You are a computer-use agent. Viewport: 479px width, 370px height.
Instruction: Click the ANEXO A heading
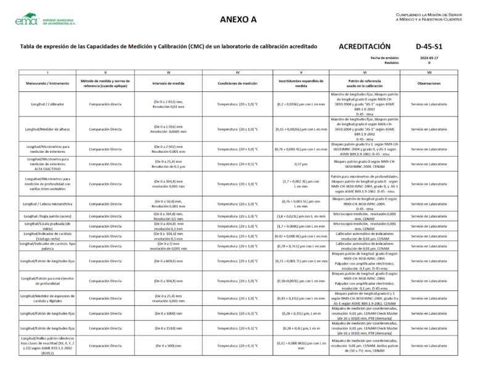point(238,19)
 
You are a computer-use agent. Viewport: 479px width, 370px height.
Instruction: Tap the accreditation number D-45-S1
point(429,46)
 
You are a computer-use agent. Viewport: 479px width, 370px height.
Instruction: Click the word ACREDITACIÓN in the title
point(365,46)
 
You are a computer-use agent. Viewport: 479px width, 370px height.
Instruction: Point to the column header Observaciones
point(428,83)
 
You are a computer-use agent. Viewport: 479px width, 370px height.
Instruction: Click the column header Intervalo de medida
point(169,83)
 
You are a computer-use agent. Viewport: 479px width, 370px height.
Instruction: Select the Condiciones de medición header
point(238,83)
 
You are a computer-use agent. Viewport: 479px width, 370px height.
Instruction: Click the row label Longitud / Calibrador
point(47,104)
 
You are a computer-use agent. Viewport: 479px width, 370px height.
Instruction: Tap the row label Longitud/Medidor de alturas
point(47,129)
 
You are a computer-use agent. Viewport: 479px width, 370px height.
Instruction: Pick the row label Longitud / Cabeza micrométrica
point(47,203)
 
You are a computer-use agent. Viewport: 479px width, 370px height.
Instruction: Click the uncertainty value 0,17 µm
point(301,164)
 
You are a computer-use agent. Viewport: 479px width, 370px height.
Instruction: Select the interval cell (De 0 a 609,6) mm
point(169,261)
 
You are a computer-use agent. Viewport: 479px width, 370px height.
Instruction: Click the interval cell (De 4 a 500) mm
point(169,345)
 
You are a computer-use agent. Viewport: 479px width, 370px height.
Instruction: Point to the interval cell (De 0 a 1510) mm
point(169,328)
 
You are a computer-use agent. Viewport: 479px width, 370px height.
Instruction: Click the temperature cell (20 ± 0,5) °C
point(238,164)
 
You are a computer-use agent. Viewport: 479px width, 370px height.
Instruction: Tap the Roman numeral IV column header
point(238,73)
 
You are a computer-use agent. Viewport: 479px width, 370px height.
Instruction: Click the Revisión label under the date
point(392,63)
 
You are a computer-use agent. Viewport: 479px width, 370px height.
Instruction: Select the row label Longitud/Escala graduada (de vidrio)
point(47,226)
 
